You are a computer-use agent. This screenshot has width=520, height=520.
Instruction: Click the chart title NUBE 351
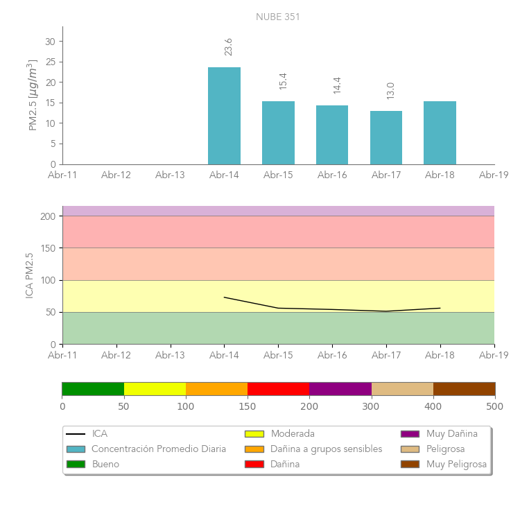click(278, 17)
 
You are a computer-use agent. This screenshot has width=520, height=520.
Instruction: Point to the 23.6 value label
click(228, 46)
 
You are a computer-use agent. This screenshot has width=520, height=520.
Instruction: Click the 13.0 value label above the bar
click(390, 90)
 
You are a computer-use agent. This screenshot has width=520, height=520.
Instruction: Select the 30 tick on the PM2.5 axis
click(50, 42)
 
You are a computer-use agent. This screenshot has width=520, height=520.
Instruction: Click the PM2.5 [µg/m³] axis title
click(33, 95)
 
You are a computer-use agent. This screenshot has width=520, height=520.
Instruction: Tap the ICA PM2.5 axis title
click(30, 275)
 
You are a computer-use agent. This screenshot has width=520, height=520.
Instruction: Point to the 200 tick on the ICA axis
click(47, 216)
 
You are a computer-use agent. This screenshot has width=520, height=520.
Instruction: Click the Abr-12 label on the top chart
click(116, 175)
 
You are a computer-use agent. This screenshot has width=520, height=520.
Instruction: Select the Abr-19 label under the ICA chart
click(494, 355)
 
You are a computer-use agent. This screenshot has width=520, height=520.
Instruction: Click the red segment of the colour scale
click(278, 388)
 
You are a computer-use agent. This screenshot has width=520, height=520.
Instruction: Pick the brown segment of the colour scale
click(464, 388)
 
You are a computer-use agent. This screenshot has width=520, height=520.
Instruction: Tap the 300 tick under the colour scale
click(371, 406)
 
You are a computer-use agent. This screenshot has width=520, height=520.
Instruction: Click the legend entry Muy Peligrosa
click(456, 464)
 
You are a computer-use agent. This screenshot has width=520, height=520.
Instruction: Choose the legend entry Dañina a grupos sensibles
click(326, 449)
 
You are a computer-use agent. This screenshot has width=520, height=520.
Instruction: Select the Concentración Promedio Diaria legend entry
click(159, 449)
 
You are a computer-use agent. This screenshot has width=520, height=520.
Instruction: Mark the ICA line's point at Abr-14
click(224, 297)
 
